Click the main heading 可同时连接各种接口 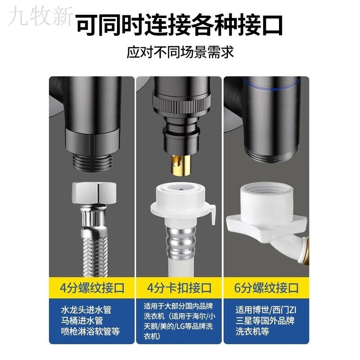[x=180, y=26]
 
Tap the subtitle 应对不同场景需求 [x=180, y=52]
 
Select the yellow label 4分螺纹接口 [x=92, y=287]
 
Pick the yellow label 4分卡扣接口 [x=180, y=287]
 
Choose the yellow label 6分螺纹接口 [x=267, y=287]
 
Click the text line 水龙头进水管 [x=86, y=310]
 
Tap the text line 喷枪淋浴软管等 [x=90, y=333]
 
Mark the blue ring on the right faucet [x=270, y=83]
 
